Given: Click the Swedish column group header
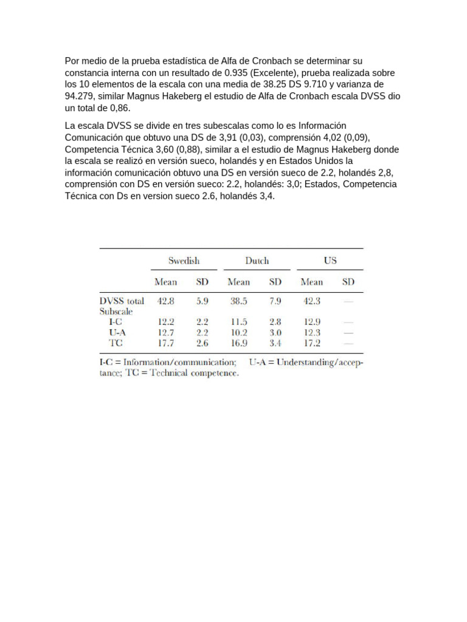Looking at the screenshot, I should coord(184,261).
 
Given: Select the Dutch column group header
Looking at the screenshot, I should coord(257,261).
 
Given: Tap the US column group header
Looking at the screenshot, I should coord(330,261).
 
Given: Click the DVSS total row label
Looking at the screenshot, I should coord(122,301).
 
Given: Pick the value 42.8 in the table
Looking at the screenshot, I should coord(166,301).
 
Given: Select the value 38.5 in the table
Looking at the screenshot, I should coord(238,301).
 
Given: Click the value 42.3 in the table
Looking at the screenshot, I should coord(311,301).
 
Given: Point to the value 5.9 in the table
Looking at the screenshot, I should coord(202,301).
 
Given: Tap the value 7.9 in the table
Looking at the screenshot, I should coord(275,301).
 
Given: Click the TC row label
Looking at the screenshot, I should coord(116,343).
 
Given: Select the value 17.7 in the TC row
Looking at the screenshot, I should coord(166,343).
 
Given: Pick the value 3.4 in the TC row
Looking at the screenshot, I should coord(275,343).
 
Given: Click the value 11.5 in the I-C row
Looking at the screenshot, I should coord(238,322).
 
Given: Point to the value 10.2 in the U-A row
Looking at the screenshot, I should coord(238,333).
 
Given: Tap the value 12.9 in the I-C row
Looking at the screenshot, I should coord(311,322).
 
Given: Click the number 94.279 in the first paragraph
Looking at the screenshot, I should coord(79,96).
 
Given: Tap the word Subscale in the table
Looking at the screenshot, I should coord(116,311).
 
